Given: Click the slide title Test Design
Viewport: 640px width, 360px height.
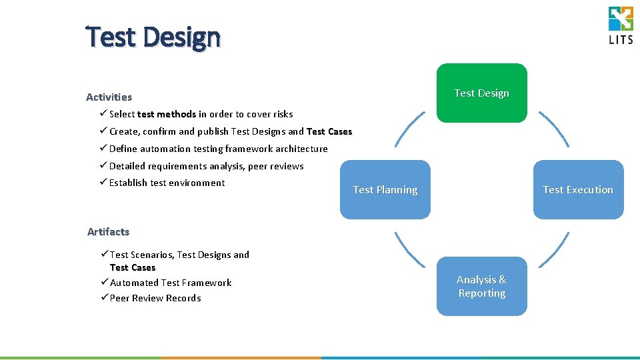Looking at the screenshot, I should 153,37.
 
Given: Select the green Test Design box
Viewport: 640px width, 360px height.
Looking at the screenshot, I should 481,93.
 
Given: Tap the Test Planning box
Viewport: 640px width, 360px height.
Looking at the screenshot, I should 385,190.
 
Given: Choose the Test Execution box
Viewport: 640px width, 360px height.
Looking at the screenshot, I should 578,190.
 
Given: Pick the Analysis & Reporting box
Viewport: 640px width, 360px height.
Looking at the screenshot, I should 481,287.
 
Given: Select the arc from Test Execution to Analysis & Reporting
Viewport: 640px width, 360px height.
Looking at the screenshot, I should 555,251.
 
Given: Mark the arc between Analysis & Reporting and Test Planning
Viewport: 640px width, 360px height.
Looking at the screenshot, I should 408,251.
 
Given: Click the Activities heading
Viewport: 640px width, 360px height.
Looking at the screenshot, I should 109,97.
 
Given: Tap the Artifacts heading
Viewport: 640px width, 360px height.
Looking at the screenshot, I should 108,232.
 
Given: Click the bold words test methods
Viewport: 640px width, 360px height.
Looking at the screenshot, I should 167,114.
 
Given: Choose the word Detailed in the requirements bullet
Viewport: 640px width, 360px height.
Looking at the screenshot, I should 127,166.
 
